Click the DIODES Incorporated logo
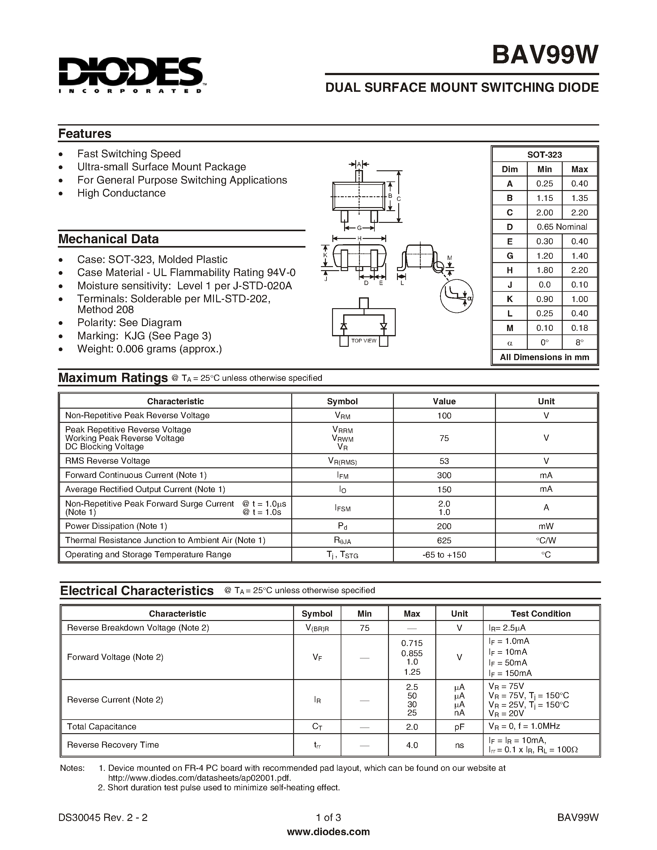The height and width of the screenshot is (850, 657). point(130,75)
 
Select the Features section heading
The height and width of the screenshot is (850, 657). point(84,134)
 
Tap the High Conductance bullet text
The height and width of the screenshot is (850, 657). point(121,193)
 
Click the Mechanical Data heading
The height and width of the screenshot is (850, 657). point(108,239)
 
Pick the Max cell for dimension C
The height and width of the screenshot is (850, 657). point(579,213)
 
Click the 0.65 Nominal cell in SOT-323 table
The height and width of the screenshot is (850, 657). point(562,227)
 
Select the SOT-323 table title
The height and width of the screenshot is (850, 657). point(544,155)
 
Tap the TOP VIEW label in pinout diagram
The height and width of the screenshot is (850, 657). point(364,341)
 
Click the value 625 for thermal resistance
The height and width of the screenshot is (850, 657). point(444,540)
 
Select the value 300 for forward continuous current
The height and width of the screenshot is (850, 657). point(444,475)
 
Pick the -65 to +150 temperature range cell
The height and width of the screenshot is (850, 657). point(444,555)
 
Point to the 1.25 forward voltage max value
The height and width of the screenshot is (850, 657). point(412,672)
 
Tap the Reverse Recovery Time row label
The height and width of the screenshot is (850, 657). point(113,745)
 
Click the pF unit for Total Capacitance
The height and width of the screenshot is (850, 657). point(459,727)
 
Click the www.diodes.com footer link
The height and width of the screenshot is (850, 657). point(328,832)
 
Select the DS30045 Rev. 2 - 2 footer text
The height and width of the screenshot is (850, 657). point(103,817)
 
